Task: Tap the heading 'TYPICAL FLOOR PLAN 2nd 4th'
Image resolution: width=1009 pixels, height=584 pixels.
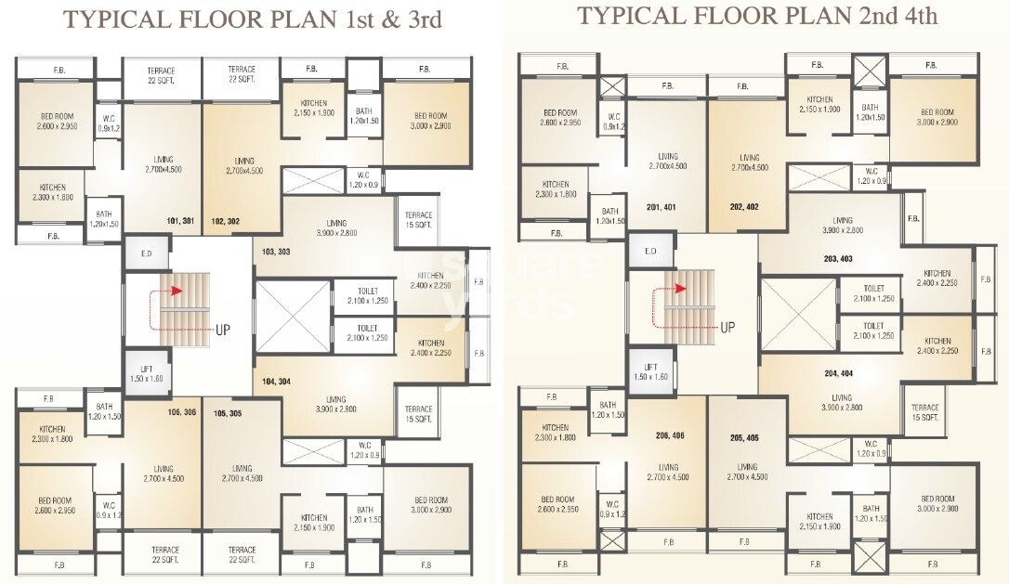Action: [757, 16]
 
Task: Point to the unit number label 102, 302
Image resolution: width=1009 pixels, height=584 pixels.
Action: [226, 222]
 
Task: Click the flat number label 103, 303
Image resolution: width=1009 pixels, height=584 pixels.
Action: [277, 253]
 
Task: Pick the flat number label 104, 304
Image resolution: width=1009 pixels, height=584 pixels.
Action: [277, 382]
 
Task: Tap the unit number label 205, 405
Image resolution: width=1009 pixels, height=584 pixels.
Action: [744, 437]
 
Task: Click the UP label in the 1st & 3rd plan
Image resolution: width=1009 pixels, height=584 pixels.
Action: [223, 329]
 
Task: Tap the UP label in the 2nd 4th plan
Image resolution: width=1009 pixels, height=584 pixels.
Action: [727, 327]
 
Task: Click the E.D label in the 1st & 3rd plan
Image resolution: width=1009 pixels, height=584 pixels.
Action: [146, 253]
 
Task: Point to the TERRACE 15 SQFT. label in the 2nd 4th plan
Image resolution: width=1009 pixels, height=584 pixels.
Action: [924, 412]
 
